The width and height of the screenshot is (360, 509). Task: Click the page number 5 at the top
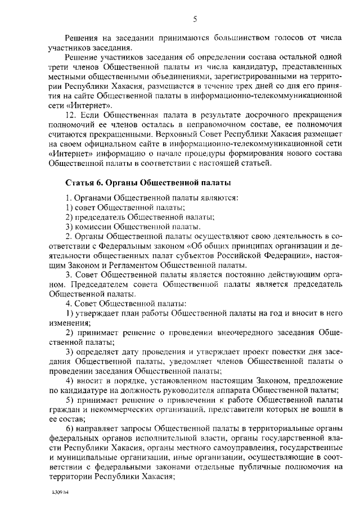pyautogui.click(x=194, y=20)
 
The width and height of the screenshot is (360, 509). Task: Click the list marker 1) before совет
pyautogui.click(x=70, y=208)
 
